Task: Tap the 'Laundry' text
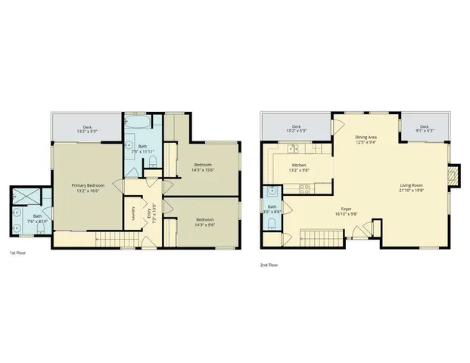(134, 209)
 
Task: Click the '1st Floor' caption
(18, 253)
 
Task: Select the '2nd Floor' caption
(269, 265)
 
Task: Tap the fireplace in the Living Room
(453, 176)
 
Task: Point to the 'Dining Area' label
(366, 137)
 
